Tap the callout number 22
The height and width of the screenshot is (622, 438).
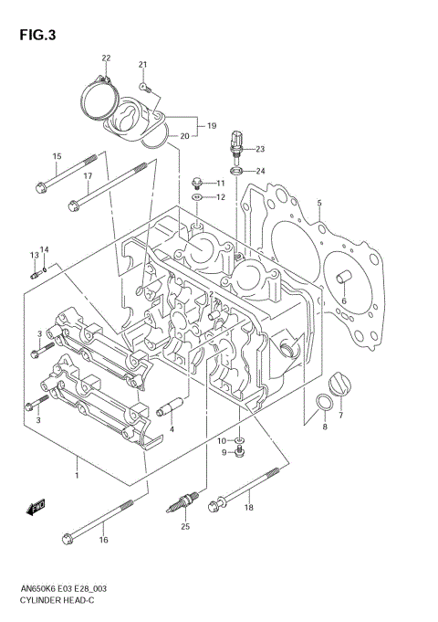(x=106, y=58)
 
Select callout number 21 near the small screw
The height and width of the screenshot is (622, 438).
(x=142, y=64)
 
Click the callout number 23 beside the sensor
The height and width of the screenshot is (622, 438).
(x=259, y=149)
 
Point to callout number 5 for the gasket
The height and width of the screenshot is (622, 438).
(x=319, y=202)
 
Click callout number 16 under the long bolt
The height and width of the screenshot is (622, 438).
(x=102, y=540)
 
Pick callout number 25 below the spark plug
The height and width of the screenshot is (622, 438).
(x=185, y=526)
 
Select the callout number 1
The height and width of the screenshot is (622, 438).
(x=77, y=476)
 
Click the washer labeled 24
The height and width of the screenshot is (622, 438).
(x=235, y=171)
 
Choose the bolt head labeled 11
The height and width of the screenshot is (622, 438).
(x=196, y=183)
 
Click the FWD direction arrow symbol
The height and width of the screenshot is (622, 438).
(x=36, y=505)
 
